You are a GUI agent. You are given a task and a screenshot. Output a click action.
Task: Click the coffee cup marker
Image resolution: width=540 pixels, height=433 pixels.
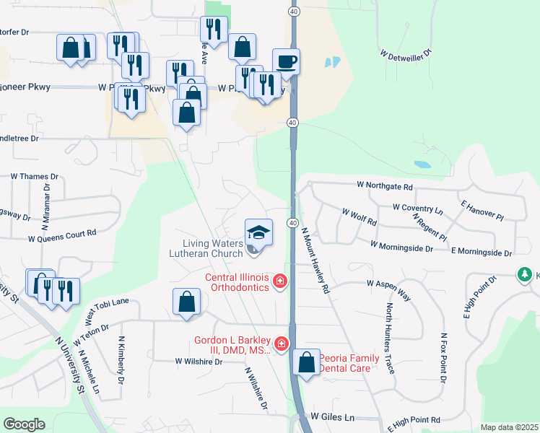click(x=286, y=61)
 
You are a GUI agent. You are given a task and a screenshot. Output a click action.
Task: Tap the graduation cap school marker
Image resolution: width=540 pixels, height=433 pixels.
click(x=258, y=232)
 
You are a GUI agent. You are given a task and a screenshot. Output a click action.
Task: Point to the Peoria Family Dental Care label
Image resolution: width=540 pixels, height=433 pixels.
click(x=345, y=362)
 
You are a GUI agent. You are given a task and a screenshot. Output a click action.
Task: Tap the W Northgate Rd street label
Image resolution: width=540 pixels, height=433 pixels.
click(x=385, y=186)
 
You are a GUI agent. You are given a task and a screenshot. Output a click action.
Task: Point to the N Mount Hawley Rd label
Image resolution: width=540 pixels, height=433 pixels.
click(x=315, y=261)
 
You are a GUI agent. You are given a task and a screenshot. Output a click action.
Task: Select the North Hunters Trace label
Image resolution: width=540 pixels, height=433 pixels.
click(x=389, y=338)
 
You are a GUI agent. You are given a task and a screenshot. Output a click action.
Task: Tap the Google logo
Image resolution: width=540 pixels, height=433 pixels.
click(x=24, y=424)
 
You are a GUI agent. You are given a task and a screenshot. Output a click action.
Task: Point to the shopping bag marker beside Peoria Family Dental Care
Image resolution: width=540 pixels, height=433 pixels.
click(x=307, y=362)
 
